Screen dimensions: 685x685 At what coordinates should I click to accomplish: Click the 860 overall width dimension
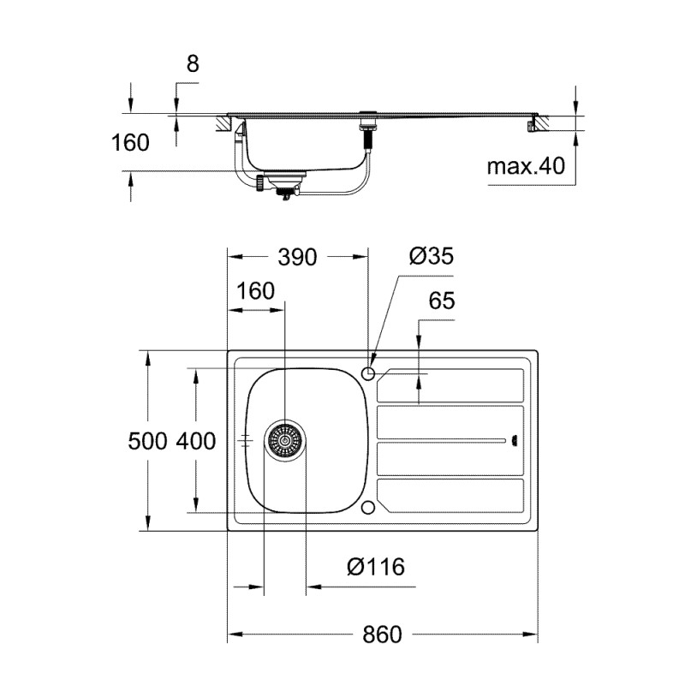point(381,634)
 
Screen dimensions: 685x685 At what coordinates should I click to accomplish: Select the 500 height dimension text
point(147,442)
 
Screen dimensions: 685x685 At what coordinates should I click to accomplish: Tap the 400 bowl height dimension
point(195,442)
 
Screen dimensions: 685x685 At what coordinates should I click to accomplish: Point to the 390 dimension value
point(297,256)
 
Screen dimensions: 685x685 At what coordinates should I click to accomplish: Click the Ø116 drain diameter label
point(376,566)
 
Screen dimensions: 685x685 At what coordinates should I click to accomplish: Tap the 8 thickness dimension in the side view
point(192,63)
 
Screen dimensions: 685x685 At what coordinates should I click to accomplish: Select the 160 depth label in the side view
point(130,142)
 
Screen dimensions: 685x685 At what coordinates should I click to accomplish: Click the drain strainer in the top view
point(283,440)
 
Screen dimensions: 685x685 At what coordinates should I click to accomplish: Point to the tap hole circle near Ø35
point(369,373)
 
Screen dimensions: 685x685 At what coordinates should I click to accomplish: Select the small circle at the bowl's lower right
point(368,507)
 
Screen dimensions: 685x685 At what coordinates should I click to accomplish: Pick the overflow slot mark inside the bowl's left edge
point(246,440)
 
